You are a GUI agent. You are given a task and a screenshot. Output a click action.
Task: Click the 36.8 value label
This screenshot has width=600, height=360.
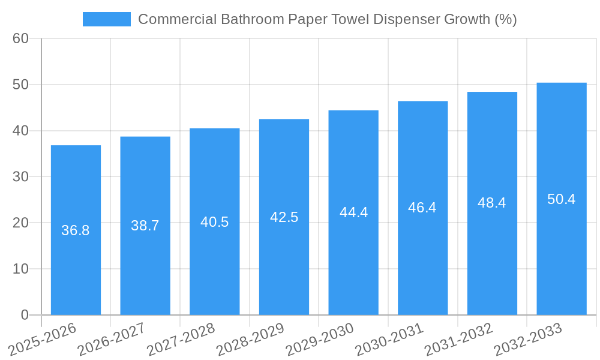76,230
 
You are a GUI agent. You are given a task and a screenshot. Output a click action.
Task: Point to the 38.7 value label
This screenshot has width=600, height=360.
145,226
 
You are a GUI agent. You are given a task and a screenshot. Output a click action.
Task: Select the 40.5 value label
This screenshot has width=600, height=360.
215,222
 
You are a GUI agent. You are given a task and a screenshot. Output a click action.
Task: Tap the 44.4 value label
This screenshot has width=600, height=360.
353,212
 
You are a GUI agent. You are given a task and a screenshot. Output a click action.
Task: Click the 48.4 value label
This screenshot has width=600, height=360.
492,203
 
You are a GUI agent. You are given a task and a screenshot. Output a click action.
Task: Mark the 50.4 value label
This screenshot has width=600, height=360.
562,199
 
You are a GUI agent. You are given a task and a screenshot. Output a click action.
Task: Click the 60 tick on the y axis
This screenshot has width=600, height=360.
20,38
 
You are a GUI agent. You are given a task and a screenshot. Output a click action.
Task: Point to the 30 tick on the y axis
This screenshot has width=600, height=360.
20,177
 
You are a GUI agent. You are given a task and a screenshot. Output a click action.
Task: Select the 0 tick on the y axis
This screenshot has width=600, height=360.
25,315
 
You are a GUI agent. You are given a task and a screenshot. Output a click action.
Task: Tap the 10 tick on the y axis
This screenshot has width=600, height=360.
20,269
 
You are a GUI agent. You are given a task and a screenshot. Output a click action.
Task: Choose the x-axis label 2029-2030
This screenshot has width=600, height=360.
320,339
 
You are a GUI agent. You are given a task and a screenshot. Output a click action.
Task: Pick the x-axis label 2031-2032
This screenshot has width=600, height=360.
458,339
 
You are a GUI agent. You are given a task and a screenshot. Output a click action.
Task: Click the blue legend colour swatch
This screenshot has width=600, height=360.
107,19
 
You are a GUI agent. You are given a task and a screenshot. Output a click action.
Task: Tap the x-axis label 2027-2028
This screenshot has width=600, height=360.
181,339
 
